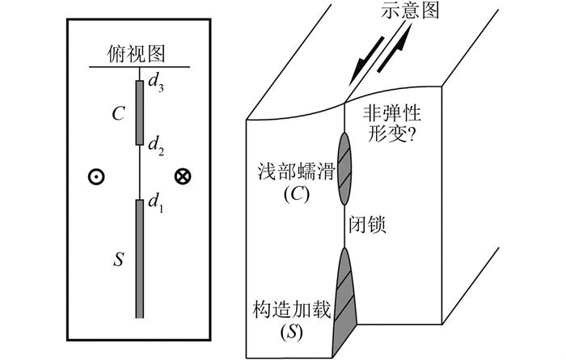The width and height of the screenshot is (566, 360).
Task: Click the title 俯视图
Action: (x=137, y=54)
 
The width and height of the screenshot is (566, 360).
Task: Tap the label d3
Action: (x=154, y=85)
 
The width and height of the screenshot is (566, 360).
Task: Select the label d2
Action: (x=154, y=147)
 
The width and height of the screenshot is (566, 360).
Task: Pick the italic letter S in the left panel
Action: (x=119, y=260)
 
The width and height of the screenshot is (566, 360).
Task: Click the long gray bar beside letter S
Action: (x=139, y=258)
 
